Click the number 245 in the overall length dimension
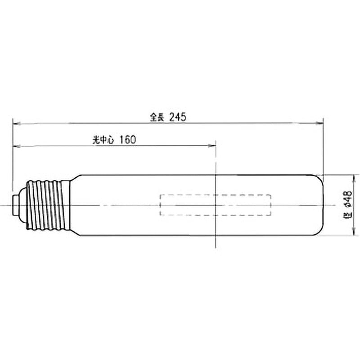(177, 117)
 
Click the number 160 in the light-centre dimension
(128, 139)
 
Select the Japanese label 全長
(157, 117)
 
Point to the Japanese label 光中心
(103, 140)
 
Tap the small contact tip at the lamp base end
(16, 205)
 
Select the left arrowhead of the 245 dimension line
(17, 123)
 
